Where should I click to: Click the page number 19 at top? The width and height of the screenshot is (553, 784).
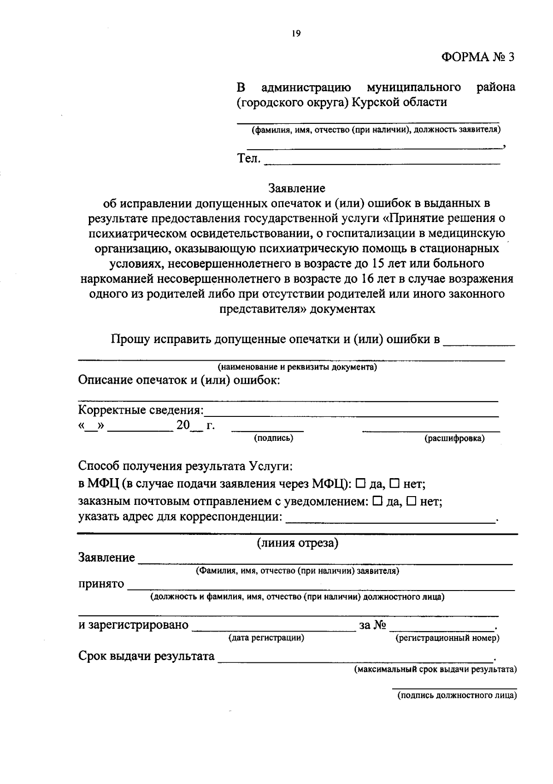coord(296,33)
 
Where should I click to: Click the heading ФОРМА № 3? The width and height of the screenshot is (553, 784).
coord(477,57)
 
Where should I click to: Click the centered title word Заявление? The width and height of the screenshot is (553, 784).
coord(297,188)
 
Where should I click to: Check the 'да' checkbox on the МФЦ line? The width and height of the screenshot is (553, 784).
coord(361,484)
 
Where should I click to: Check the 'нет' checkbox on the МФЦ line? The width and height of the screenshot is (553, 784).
coord(394,484)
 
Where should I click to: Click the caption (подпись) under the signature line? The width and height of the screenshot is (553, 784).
coord(273,439)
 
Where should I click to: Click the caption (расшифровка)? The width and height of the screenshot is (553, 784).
coord(454,439)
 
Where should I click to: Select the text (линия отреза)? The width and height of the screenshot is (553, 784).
coord(297,543)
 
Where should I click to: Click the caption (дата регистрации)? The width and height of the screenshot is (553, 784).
coord(266,638)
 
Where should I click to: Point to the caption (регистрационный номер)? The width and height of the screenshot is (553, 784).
coord(447,638)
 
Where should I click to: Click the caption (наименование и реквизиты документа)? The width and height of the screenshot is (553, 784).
coord(297,367)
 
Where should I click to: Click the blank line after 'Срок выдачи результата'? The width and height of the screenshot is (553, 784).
coord(355,658)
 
